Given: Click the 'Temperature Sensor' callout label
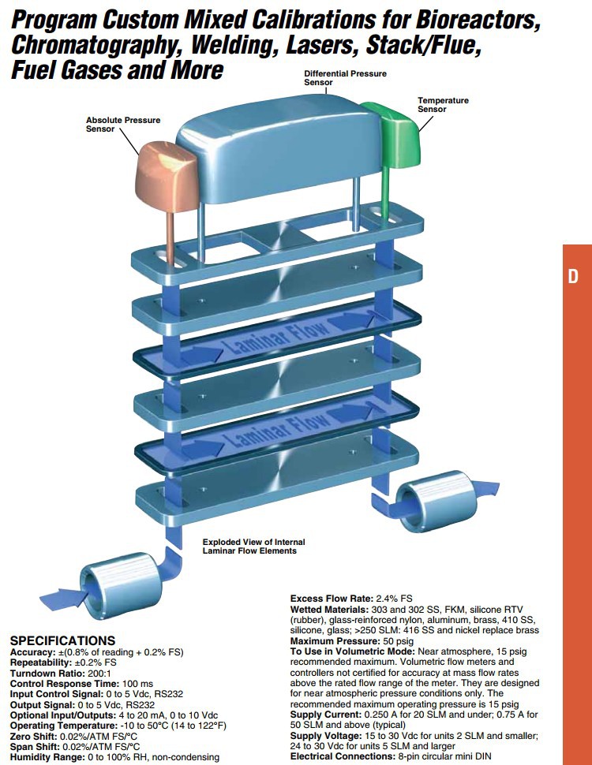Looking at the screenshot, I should tap(443, 105).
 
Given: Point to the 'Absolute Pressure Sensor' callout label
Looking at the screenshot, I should tap(122, 125).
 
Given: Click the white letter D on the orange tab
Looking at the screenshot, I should tap(574, 277).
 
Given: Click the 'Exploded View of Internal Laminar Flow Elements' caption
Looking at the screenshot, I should tap(253, 547).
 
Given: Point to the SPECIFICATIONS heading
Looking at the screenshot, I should tap(62, 640).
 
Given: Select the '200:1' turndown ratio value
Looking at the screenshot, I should tap(99, 674).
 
